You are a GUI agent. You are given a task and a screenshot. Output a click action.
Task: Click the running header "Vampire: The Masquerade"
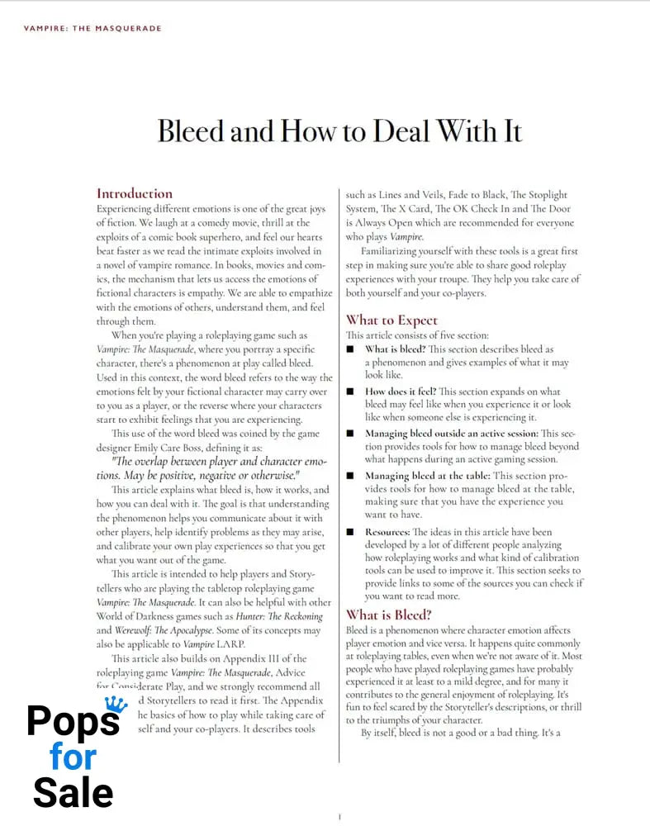click(x=93, y=28)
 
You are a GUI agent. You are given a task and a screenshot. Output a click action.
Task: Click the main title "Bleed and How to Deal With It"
click(x=339, y=131)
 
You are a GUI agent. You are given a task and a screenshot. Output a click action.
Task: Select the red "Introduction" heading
click(x=135, y=193)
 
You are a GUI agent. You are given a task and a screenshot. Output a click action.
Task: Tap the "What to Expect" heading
click(x=391, y=320)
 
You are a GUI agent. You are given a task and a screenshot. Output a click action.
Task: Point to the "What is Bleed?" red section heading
click(x=388, y=615)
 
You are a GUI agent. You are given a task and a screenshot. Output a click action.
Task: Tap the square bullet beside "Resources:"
click(x=351, y=532)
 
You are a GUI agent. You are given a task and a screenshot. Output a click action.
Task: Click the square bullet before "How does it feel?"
click(x=351, y=392)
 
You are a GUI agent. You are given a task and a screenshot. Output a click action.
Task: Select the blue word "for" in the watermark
click(x=73, y=757)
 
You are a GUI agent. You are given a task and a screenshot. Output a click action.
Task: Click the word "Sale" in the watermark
click(x=73, y=793)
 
